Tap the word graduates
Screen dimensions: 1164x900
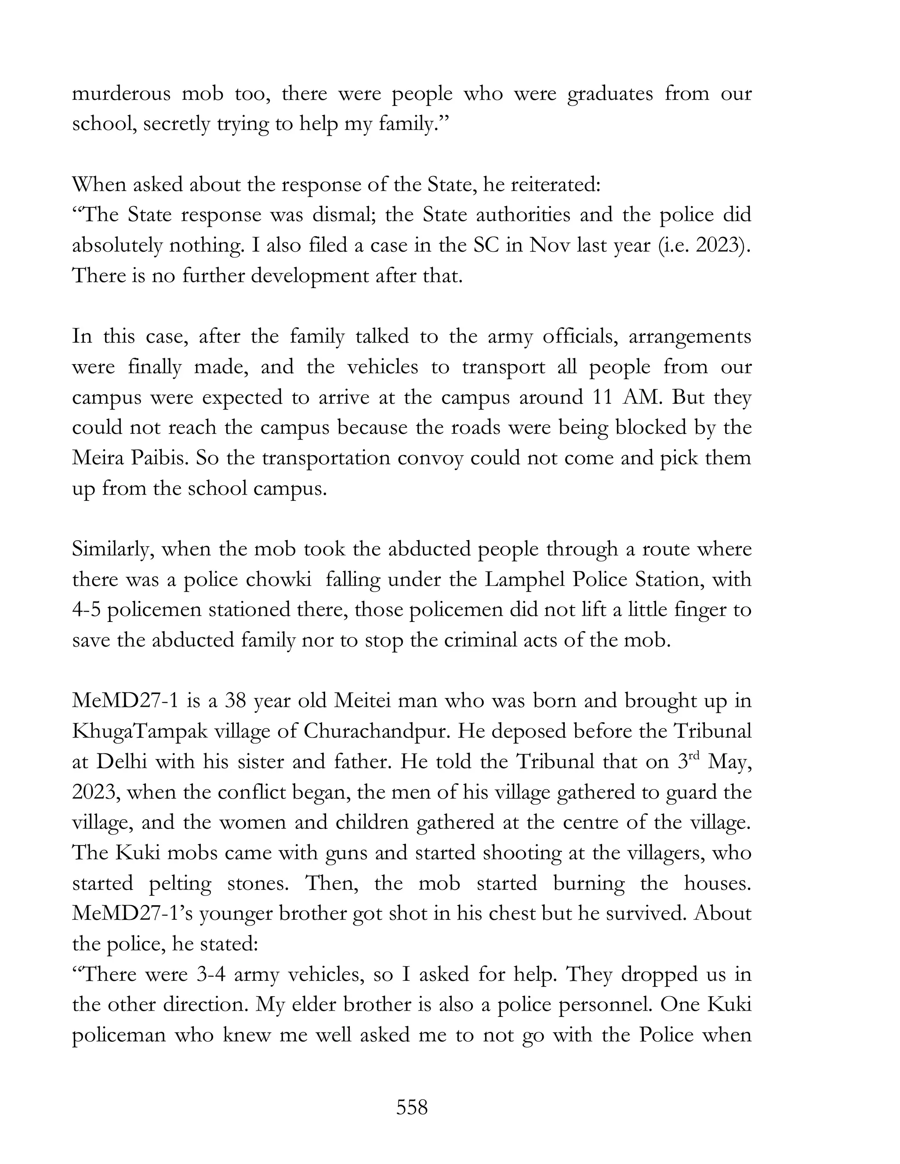[x=610, y=94]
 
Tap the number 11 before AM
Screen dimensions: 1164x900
[x=602, y=398]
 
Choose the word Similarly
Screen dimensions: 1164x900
[x=113, y=549]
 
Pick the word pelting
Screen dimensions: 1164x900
[x=180, y=884]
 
